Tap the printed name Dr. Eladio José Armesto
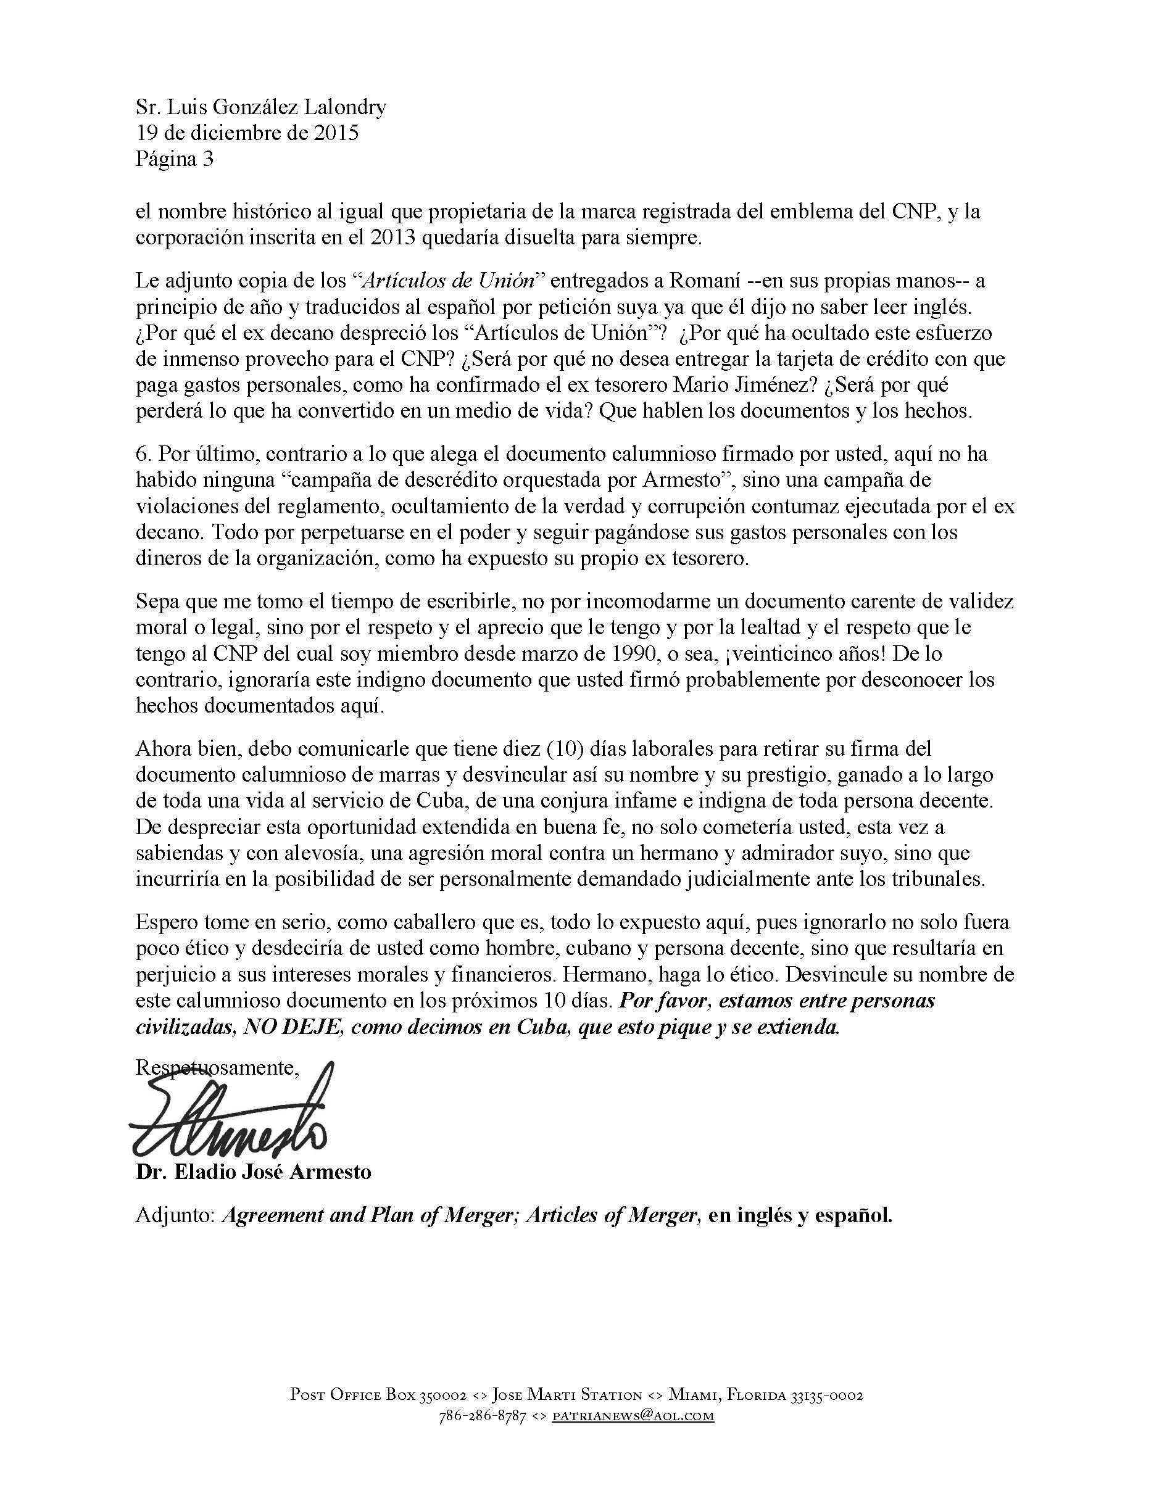point(253,1172)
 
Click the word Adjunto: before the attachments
point(176,1215)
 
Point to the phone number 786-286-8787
point(482,1416)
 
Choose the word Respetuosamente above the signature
point(217,1068)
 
